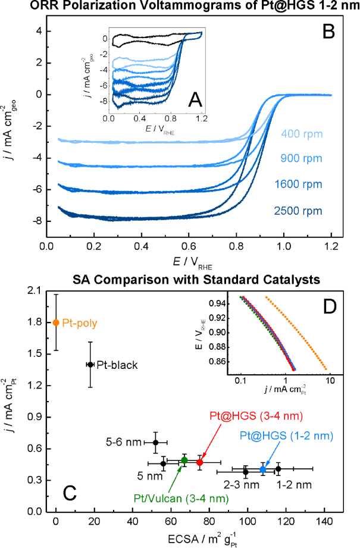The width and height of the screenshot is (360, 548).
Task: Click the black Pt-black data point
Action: [90, 364]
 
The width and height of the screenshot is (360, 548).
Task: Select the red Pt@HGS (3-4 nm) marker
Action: [200, 462]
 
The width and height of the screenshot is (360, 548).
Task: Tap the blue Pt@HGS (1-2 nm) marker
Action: [263, 469]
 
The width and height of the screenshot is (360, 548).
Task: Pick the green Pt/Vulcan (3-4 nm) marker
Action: [184, 460]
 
